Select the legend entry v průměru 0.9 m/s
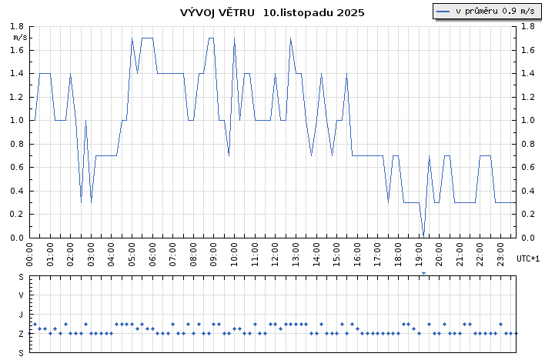[486, 11]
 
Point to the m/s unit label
[21, 37]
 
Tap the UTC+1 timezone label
[528, 258]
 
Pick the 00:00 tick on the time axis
[29, 252]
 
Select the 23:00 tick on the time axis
[500, 252]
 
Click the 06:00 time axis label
[152, 252]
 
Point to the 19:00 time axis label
[419, 252]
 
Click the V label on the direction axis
[21, 295]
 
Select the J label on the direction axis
[21, 315]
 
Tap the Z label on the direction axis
[21, 334]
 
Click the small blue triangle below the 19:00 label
[423, 273]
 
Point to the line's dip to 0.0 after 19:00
[423, 236]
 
